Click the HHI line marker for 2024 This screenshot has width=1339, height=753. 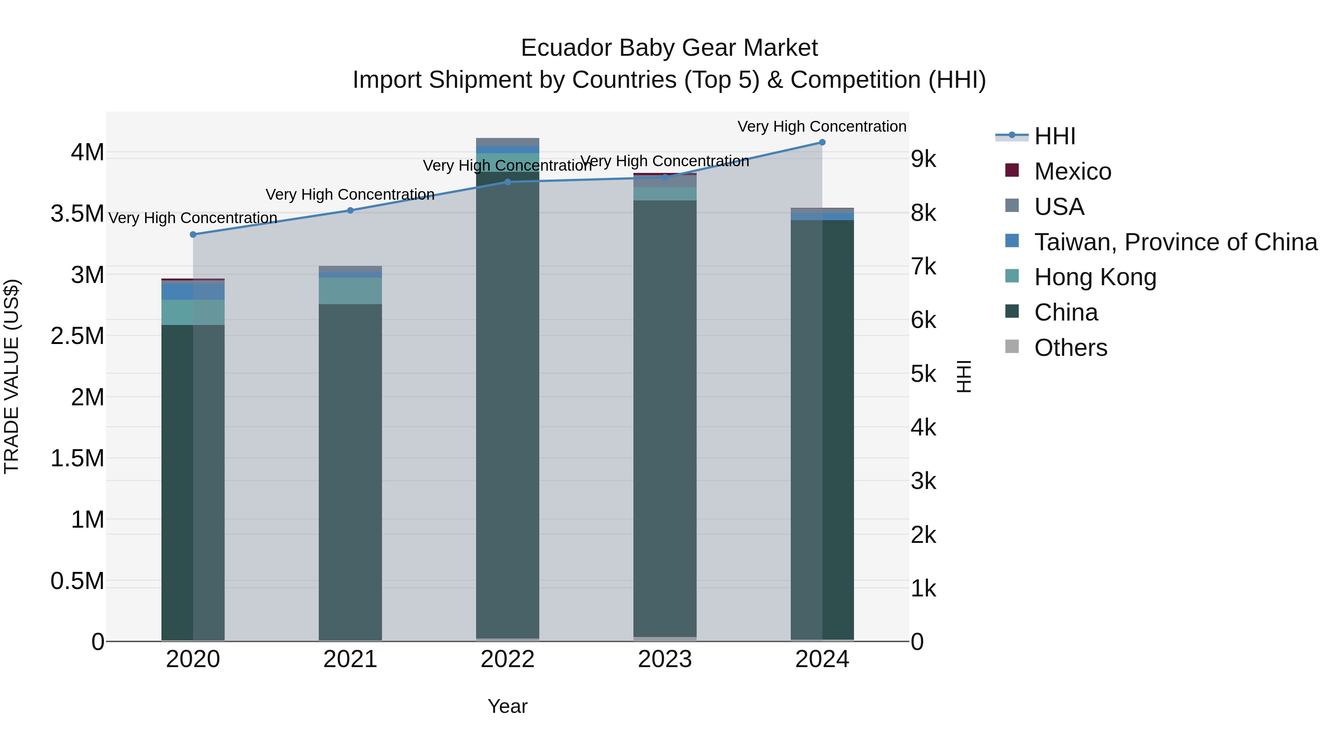[822, 142]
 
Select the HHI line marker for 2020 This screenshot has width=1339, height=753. [193, 234]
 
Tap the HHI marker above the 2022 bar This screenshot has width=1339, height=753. [507, 182]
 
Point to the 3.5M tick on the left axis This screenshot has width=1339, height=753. [77, 213]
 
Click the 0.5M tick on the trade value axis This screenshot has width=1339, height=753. [77, 581]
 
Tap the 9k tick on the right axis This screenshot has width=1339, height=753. [923, 159]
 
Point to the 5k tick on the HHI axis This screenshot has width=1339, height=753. [923, 374]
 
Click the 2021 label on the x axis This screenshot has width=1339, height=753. [350, 659]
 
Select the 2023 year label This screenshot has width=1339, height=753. [664, 659]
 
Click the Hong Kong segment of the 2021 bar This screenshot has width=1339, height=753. [350, 291]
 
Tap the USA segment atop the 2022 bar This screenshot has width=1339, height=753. [507, 142]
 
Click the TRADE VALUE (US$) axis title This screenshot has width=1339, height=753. [12, 376]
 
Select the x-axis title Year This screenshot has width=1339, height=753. [507, 706]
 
